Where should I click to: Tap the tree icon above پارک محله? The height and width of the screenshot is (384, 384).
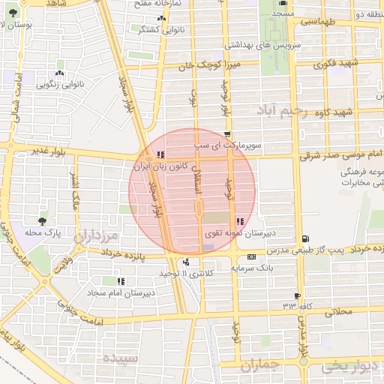click(42, 220)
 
